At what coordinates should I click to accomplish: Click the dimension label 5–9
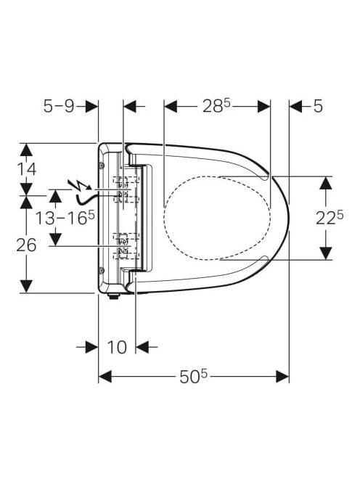click(x=59, y=107)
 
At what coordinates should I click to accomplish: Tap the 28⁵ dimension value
click(x=216, y=107)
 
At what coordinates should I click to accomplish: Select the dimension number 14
click(x=26, y=169)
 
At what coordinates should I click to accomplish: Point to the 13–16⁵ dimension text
click(x=65, y=218)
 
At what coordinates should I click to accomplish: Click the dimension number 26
click(x=26, y=245)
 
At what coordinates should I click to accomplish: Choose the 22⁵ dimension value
click(x=330, y=218)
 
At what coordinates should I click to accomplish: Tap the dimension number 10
click(x=117, y=348)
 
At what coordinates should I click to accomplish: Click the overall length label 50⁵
click(x=194, y=377)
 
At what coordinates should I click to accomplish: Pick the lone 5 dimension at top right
click(x=318, y=107)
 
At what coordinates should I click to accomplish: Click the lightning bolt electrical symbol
click(x=79, y=185)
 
